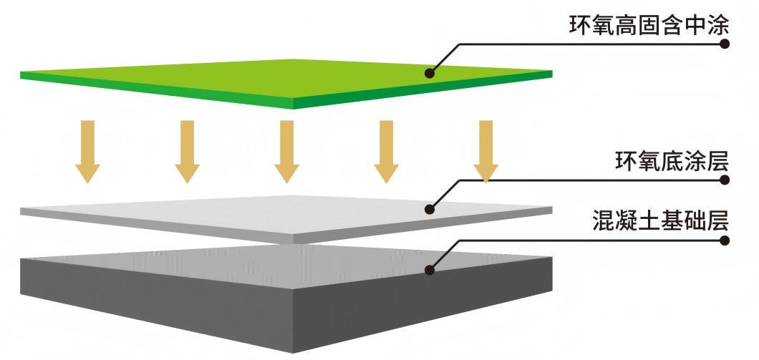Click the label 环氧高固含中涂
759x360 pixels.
[649, 26]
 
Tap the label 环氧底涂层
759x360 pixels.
[672, 162]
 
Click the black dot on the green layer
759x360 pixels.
[430, 72]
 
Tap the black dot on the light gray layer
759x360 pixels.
[430, 209]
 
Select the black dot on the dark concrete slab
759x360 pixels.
[430, 270]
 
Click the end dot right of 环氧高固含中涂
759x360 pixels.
[724, 44]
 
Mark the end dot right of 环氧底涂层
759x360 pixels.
[724, 180]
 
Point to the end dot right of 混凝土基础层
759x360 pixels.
[724, 240]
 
